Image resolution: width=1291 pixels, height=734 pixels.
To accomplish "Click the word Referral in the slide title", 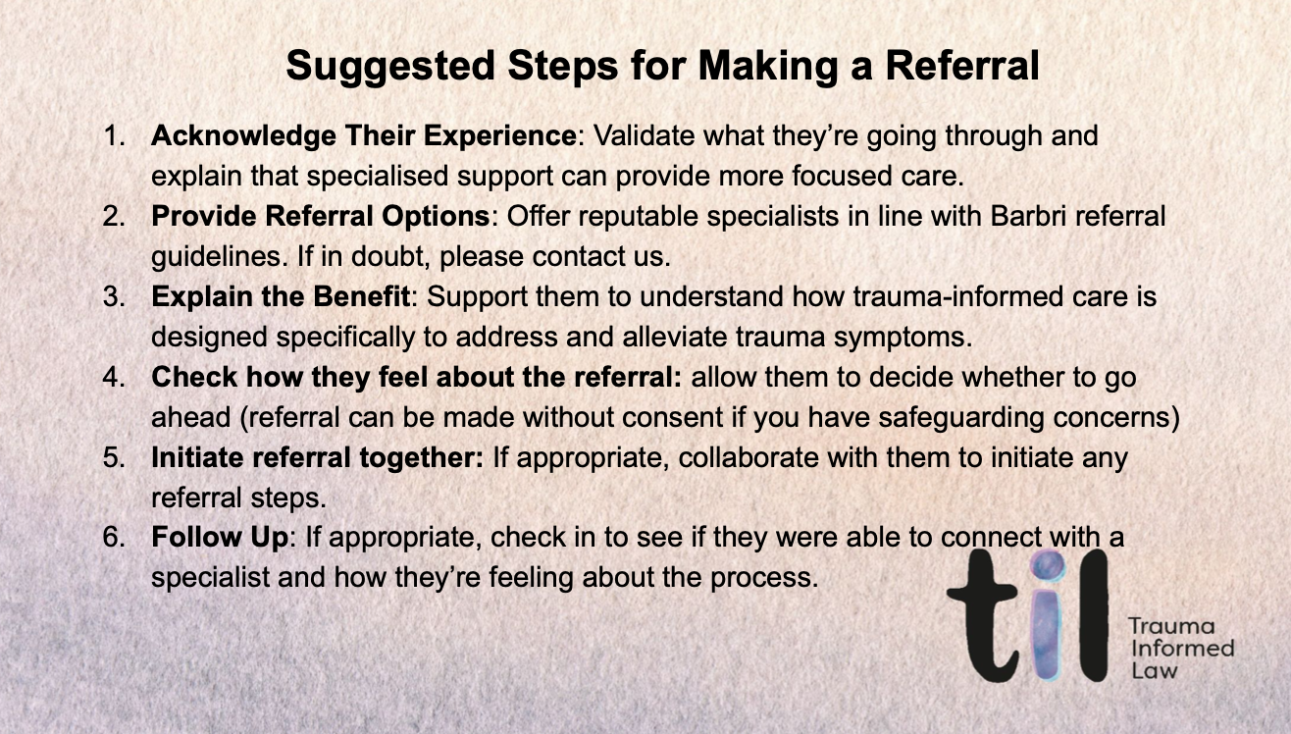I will coord(961,67).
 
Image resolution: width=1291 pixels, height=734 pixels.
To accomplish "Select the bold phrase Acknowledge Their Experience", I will coord(363,135).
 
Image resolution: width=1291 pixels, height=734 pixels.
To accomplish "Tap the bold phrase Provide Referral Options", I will coord(320,216).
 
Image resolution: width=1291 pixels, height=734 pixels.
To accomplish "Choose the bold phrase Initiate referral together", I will coord(317,457).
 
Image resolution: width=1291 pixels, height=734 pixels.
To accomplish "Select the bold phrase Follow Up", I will coord(210,538).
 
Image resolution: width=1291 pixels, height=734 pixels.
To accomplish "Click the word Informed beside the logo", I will coord(1180,649).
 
